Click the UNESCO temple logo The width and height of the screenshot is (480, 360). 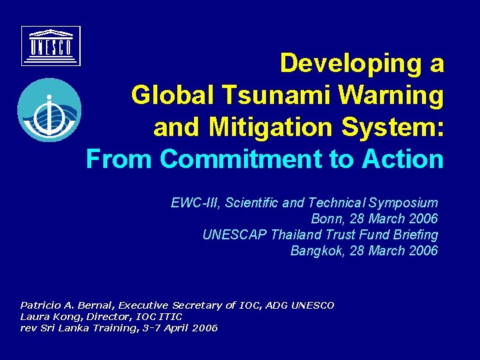coord(51,46)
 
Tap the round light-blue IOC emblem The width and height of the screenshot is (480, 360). coord(49,110)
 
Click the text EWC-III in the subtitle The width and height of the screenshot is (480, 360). coord(194,203)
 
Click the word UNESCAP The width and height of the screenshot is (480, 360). coord(233,235)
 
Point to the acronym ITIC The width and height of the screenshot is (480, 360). coord(170,317)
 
